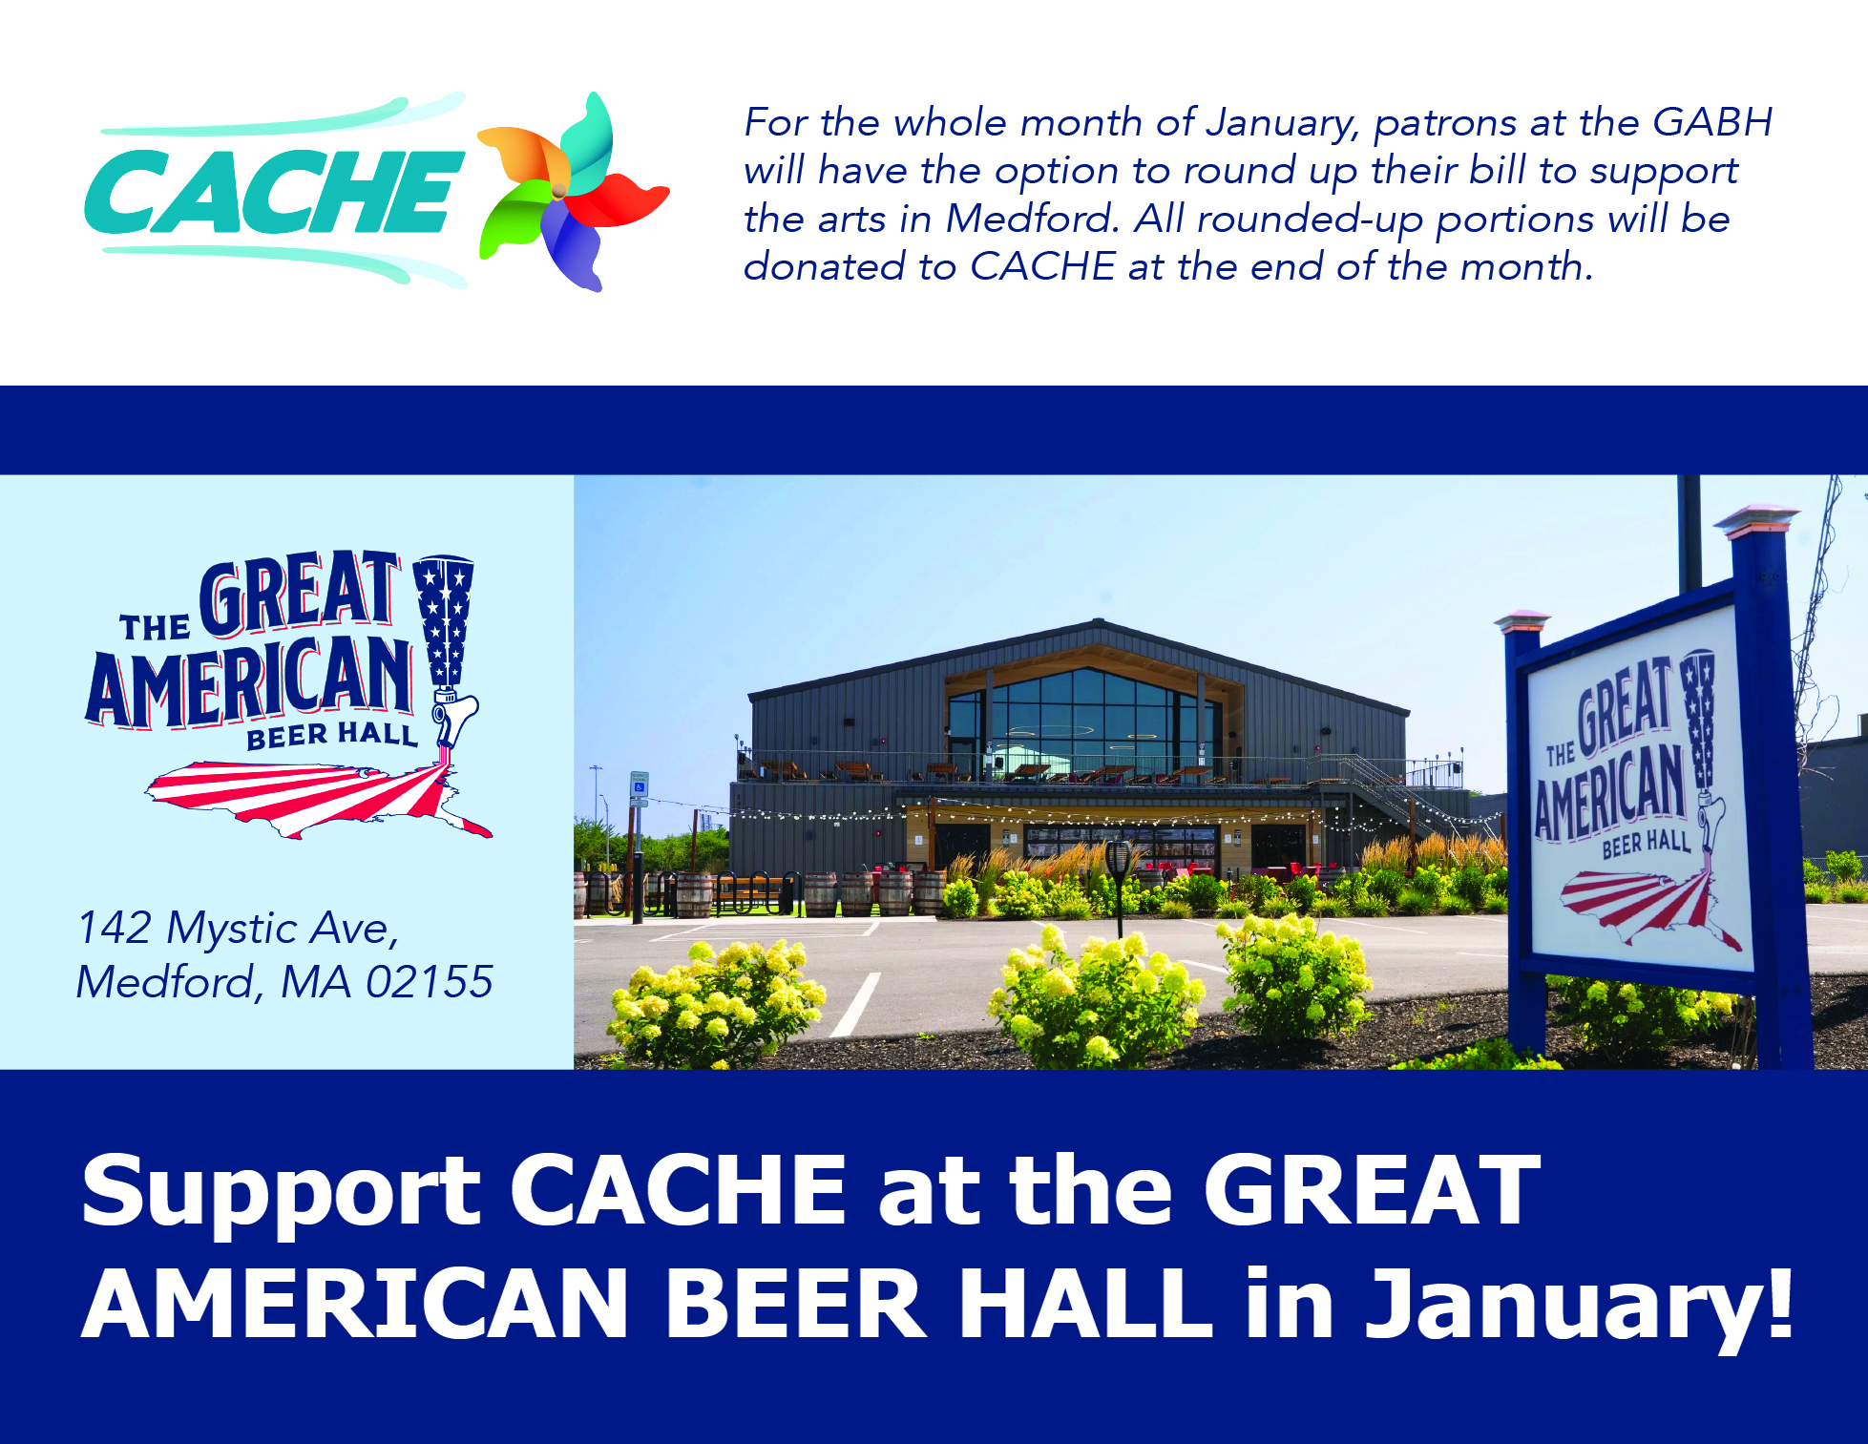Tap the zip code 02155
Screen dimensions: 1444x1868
pyautogui.click(x=430, y=982)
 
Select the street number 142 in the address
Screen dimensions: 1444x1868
pyautogui.click(x=115, y=928)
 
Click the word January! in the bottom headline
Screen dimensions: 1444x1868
pyautogui.click(x=1580, y=1306)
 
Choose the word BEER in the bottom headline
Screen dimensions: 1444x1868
pyautogui.click(x=795, y=1304)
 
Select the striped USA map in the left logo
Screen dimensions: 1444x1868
pyautogui.click(x=315, y=797)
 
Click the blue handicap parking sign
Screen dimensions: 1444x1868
pyautogui.click(x=639, y=786)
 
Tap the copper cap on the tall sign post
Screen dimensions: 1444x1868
pyautogui.click(x=1756, y=520)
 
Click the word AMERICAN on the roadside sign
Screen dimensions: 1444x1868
pyautogui.click(x=1610, y=790)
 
